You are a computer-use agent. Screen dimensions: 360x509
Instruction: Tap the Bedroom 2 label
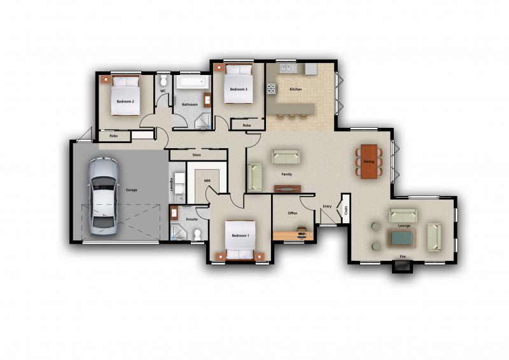click(x=125, y=101)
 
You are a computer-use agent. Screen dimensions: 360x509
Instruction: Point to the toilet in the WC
click(x=163, y=81)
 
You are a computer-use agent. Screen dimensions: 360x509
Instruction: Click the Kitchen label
click(x=295, y=90)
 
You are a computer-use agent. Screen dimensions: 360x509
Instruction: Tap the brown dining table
click(x=369, y=162)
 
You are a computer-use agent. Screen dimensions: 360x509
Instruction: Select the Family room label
click(x=286, y=173)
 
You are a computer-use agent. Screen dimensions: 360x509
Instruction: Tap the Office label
click(x=293, y=213)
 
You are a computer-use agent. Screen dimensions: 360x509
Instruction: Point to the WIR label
click(x=207, y=181)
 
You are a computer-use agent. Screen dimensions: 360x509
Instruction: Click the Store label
click(x=197, y=155)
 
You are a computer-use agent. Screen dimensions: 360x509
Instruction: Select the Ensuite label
click(x=192, y=219)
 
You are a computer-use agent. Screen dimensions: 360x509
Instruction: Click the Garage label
click(x=131, y=190)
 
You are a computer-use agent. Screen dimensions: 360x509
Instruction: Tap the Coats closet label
click(x=346, y=210)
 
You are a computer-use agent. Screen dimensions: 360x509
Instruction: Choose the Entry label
click(x=327, y=206)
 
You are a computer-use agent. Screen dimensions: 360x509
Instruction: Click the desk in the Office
click(x=293, y=235)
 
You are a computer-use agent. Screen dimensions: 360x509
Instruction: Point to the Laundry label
click(x=171, y=184)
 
